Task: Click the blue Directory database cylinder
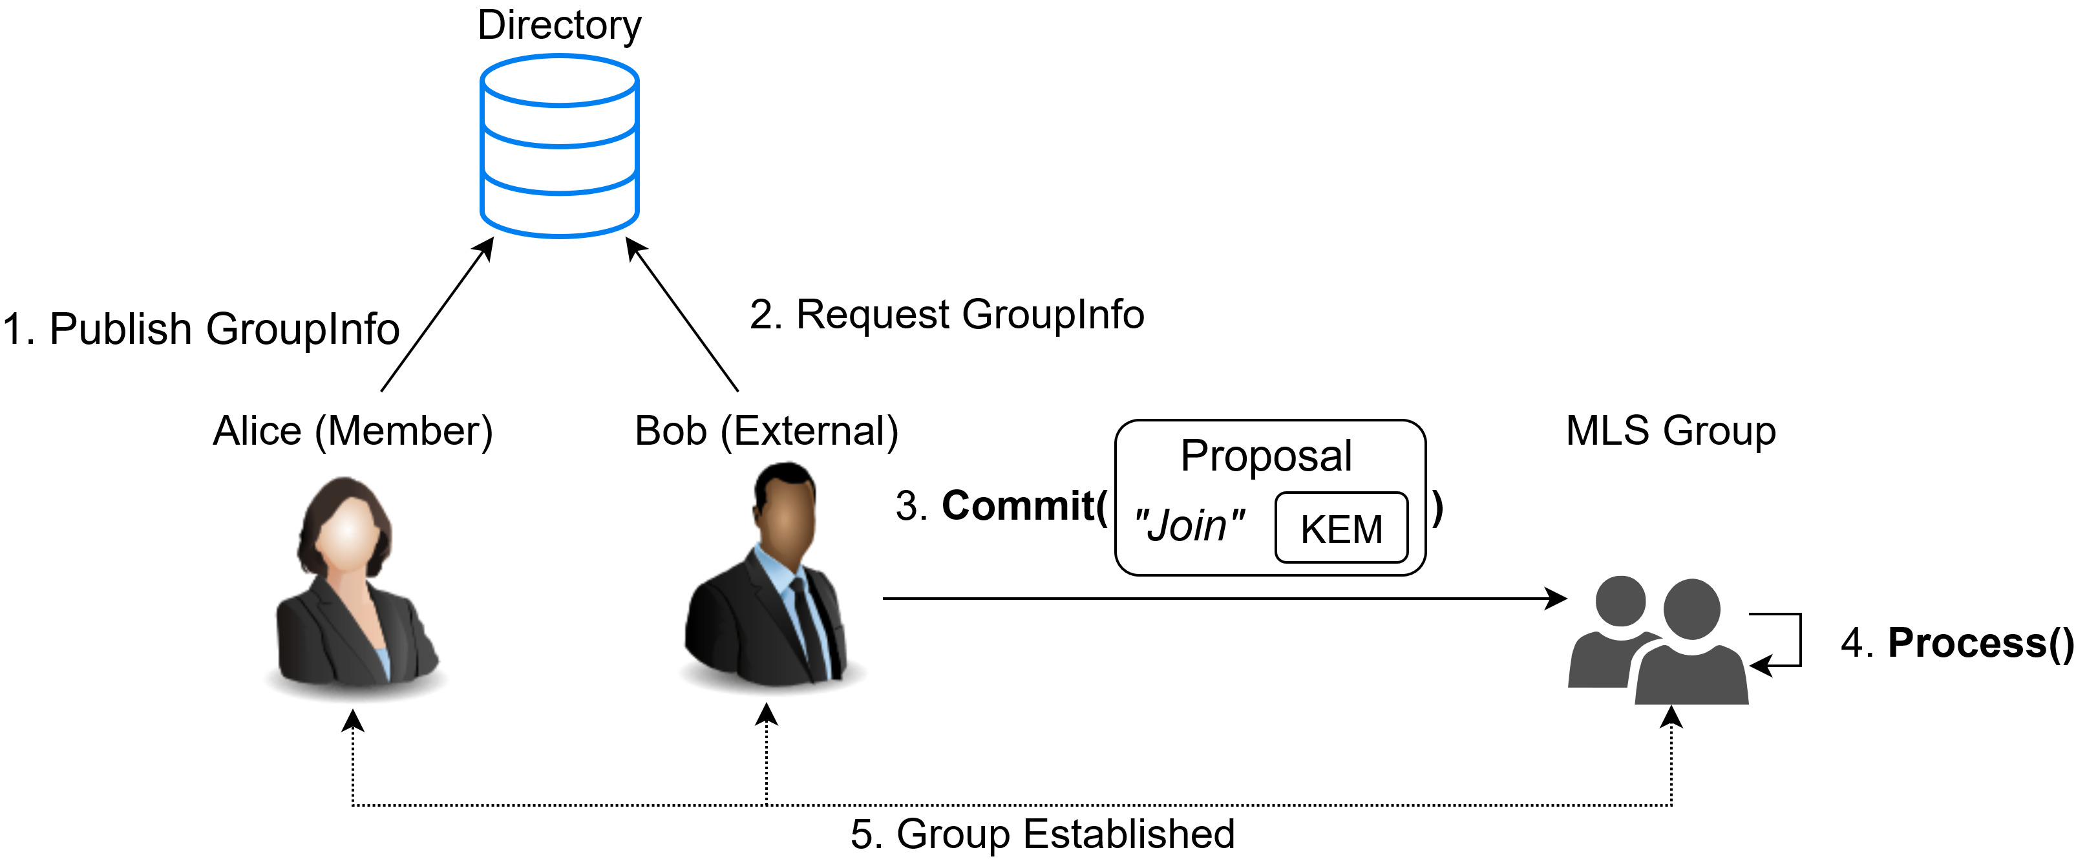[x=559, y=146]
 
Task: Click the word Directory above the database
[x=559, y=25]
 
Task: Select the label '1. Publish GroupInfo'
[x=202, y=329]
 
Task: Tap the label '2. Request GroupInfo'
[x=947, y=314]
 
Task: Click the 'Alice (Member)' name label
[x=353, y=430]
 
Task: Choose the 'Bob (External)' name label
[x=767, y=430]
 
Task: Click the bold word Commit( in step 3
[x=1024, y=506]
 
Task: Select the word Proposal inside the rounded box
[x=1266, y=456]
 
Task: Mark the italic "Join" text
[x=1189, y=526]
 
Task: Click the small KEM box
[x=1341, y=529]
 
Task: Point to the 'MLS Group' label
[x=1671, y=430]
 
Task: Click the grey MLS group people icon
[x=1658, y=641]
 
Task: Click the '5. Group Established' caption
[x=1042, y=834]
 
